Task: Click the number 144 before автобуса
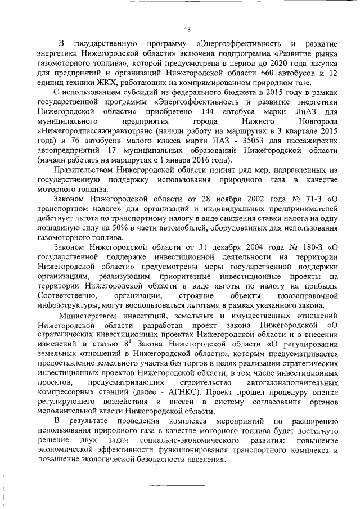208,112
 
